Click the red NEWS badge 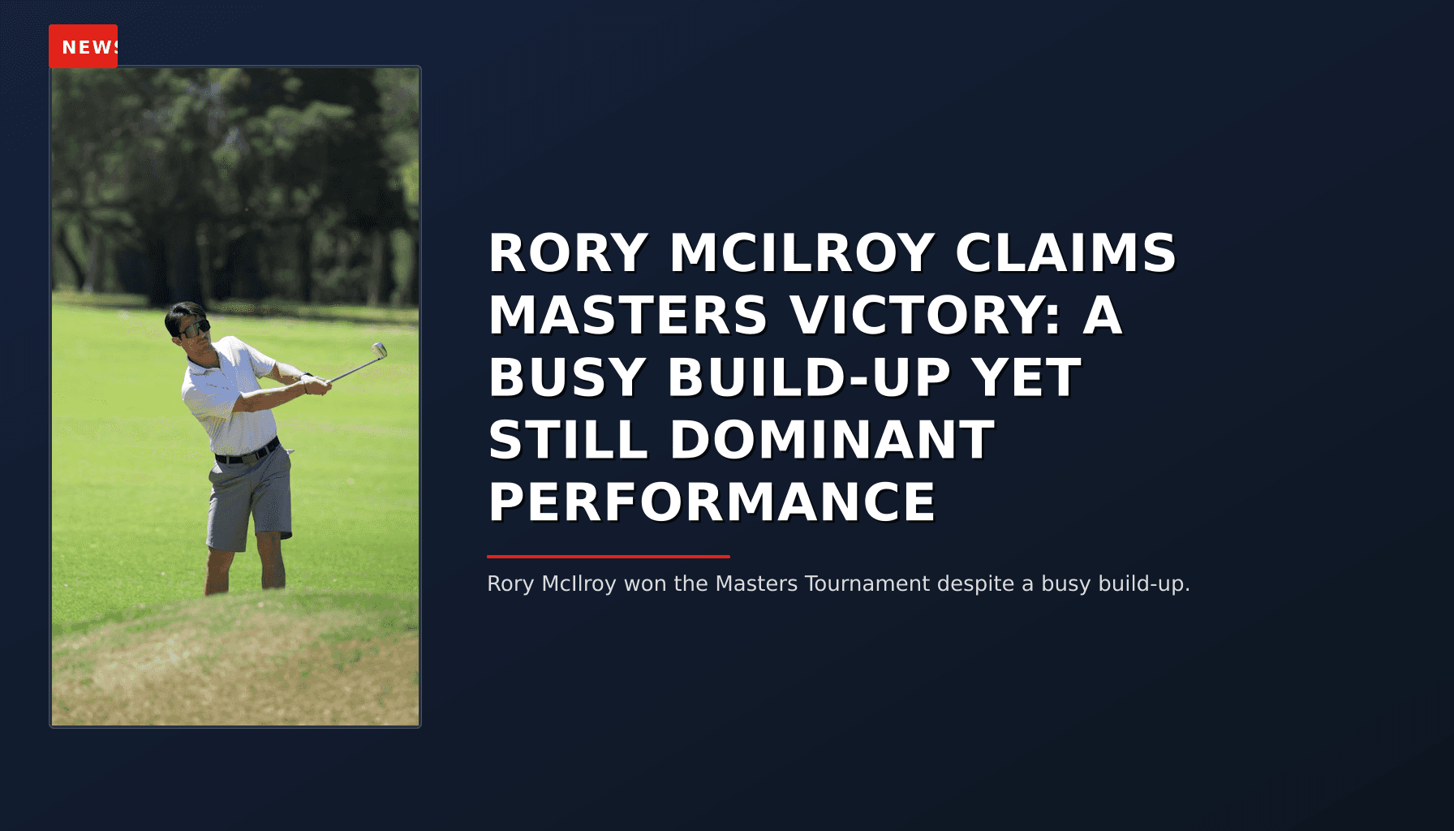[x=84, y=46]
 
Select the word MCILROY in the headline [x=802, y=253]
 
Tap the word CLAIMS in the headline [x=1065, y=253]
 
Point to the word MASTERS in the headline [x=627, y=316]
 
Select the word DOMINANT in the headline [x=832, y=440]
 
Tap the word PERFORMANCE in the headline [x=712, y=502]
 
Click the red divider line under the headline [x=609, y=557]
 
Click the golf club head [x=379, y=351]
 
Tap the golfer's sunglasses [x=195, y=329]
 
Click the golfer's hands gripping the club [x=317, y=385]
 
